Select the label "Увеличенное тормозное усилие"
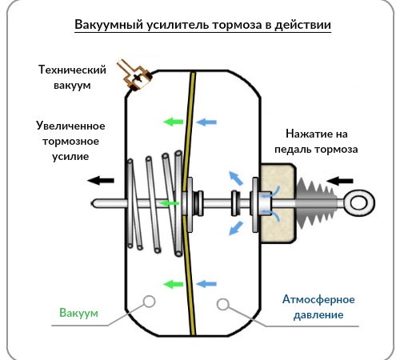[71, 141]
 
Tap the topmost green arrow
[172, 122]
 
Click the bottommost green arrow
[172, 282]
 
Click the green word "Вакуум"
[78, 313]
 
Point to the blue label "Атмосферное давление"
[313, 307]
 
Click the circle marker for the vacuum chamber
[148, 302]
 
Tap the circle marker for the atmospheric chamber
[223, 303]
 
